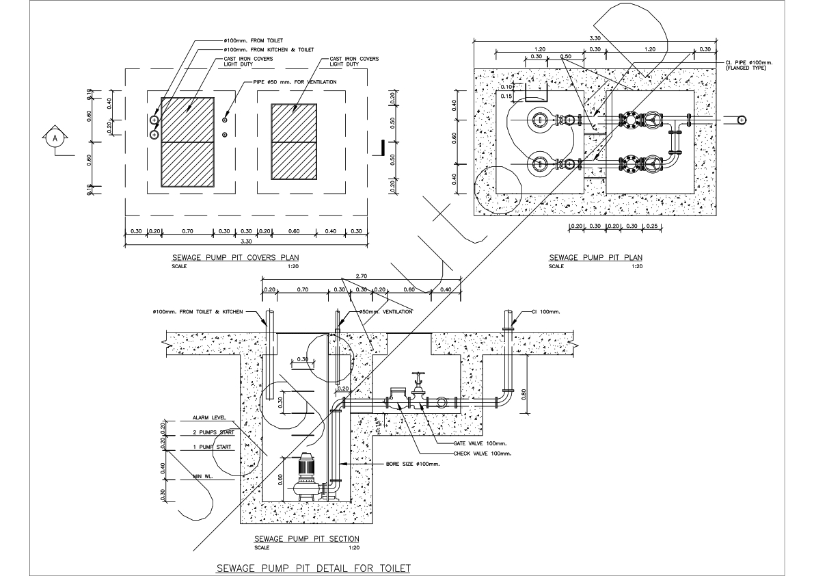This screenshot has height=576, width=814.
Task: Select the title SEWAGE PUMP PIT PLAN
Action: (595, 257)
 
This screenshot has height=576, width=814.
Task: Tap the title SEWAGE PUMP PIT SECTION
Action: (306, 539)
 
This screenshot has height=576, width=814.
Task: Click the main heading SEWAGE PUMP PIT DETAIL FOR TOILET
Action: (313, 568)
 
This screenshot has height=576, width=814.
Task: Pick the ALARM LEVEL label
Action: (209, 417)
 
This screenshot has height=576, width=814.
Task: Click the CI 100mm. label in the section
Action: (546, 311)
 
